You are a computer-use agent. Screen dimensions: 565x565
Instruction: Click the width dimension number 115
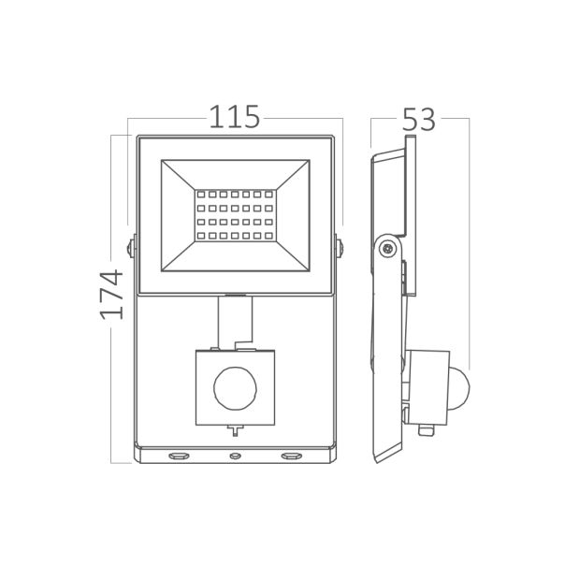click(x=234, y=117)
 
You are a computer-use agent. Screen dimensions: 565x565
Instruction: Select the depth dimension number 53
click(x=419, y=120)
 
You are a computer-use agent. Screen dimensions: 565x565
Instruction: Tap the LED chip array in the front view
click(x=235, y=217)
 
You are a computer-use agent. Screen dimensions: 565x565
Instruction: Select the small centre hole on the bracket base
click(x=235, y=456)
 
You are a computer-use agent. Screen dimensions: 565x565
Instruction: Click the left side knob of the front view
click(x=130, y=248)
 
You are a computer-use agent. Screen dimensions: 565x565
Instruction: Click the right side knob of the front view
click(x=340, y=248)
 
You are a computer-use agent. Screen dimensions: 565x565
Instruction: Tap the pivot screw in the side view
click(x=386, y=248)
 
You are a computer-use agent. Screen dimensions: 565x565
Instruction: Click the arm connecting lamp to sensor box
click(x=235, y=319)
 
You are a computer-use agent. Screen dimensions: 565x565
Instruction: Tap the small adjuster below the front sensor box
click(x=235, y=430)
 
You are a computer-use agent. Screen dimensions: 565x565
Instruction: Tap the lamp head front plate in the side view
click(x=410, y=187)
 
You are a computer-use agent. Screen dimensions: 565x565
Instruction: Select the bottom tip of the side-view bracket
click(x=376, y=458)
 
